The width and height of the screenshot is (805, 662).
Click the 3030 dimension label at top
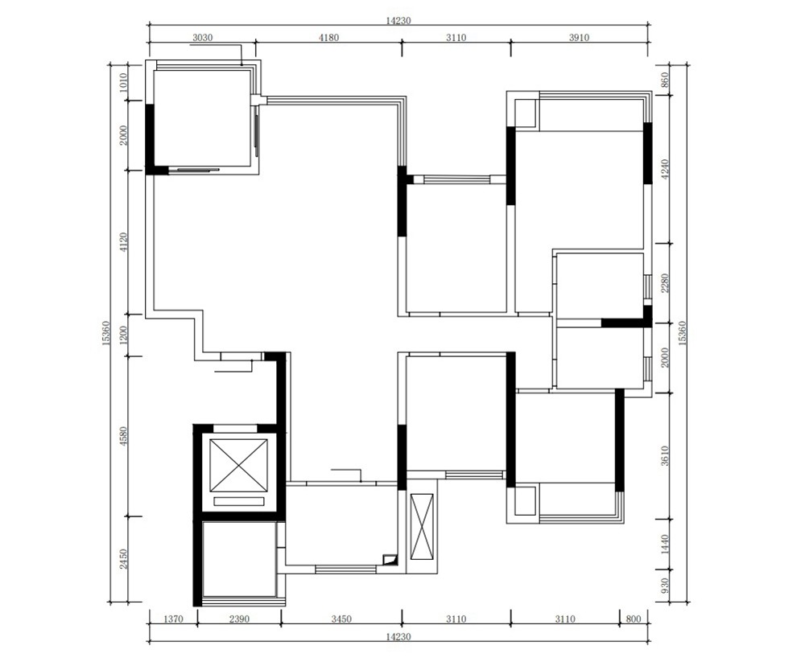pyautogui.click(x=202, y=38)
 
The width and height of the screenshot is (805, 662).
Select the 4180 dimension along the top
pyautogui.click(x=328, y=38)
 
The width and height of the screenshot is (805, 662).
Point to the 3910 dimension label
pyautogui.click(x=579, y=38)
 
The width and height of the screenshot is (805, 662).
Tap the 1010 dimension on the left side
pyautogui.click(x=122, y=83)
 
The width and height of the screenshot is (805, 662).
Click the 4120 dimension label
pyautogui.click(x=122, y=242)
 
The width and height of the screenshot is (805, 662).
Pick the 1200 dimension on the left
pyautogui.click(x=122, y=335)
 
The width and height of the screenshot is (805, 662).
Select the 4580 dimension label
pyautogui.click(x=122, y=436)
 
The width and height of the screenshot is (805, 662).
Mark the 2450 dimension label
pyautogui.click(x=122, y=559)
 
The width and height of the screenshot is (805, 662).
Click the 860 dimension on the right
pyautogui.click(x=665, y=81)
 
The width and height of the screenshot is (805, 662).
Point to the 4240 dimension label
pyautogui.click(x=665, y=169)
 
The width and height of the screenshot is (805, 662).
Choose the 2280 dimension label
pyautogui.click(x=665, y=283)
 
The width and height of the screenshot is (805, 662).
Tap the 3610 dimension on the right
pyautogui.click(x=665, y=456)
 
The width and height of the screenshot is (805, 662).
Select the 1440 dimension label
pyautogui.click(x=665, y=544)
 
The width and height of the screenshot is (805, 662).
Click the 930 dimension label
pyautogui.click(x=665, y=586)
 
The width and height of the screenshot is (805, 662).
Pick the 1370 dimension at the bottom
pyautogui.click(x=173, y=619)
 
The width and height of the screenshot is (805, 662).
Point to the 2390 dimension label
pyautogui.click(x=239, y=619)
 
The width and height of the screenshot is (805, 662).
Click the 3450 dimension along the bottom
pyautogui.click(x=341, y=619)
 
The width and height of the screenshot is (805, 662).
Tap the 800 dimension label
pyautogui.click(x=634, y=619)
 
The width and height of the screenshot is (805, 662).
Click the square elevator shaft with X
pyautogui.click(x=239, y=466)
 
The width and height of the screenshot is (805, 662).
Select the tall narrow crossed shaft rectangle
pyautogui.click(x=422, y=527)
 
